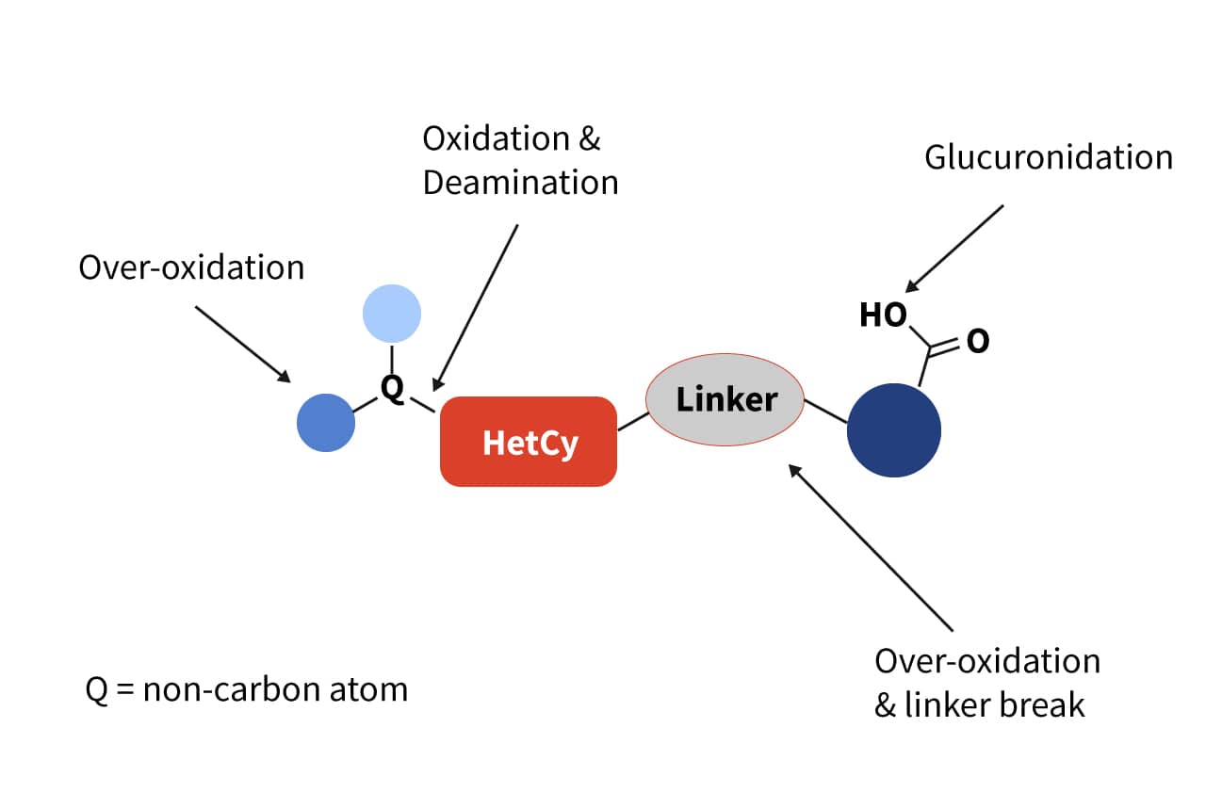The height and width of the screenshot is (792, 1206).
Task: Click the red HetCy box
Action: click(x=529, y=442)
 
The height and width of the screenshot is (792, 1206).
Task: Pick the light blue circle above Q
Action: click(x=391, y=313)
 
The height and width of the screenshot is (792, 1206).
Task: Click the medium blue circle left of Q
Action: click(x=326, y=423)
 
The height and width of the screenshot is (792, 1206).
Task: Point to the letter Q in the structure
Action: click(x=392, y=387)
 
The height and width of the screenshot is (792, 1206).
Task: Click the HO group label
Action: click(x=883, y=315)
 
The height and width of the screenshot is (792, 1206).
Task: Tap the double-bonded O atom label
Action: click(x=978, y=341)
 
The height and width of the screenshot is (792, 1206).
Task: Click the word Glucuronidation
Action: click(x=1048, y=157)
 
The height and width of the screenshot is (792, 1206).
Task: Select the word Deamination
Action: click(x=520, y=182)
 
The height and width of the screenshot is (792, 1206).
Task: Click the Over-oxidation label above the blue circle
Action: click(x=191, y=267)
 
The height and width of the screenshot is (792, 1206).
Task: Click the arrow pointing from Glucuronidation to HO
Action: click(x=953, y=248)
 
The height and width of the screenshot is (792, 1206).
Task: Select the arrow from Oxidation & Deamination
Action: click(x=475, y=307)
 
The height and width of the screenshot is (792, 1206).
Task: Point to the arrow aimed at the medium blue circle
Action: click(x=243, y=344)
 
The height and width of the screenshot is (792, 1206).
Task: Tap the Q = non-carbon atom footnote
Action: click(x=247, y=689)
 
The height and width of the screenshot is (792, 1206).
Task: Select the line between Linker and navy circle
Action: click(x=825, y=412)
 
